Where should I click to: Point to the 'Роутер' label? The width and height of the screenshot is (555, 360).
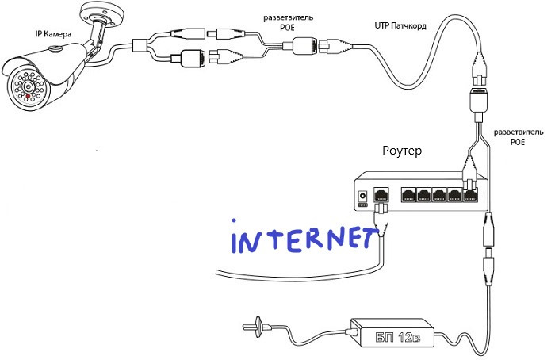point(404,151)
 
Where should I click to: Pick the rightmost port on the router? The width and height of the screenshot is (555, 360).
point(470,193)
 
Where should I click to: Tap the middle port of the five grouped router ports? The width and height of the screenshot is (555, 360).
point(439,193)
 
